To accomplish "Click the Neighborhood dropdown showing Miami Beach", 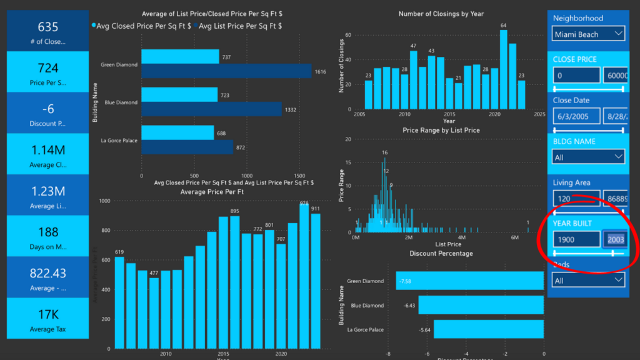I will [x=588, y=34].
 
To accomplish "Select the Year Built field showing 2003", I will [x=616, y=239].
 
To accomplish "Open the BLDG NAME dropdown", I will [x=588, y=157].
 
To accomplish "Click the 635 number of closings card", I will [x=48, y=31].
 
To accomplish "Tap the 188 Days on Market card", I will [x=48, y=236].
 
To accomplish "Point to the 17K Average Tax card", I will [x=48, y=319].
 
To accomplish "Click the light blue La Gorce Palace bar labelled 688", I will [x=177, y=132].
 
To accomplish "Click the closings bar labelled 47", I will [x=413, y=79].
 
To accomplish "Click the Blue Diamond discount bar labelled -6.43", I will [x=481, y=305].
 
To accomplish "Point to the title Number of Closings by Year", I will [x=441, y=14].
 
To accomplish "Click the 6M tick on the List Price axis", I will [x=515, y=237].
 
